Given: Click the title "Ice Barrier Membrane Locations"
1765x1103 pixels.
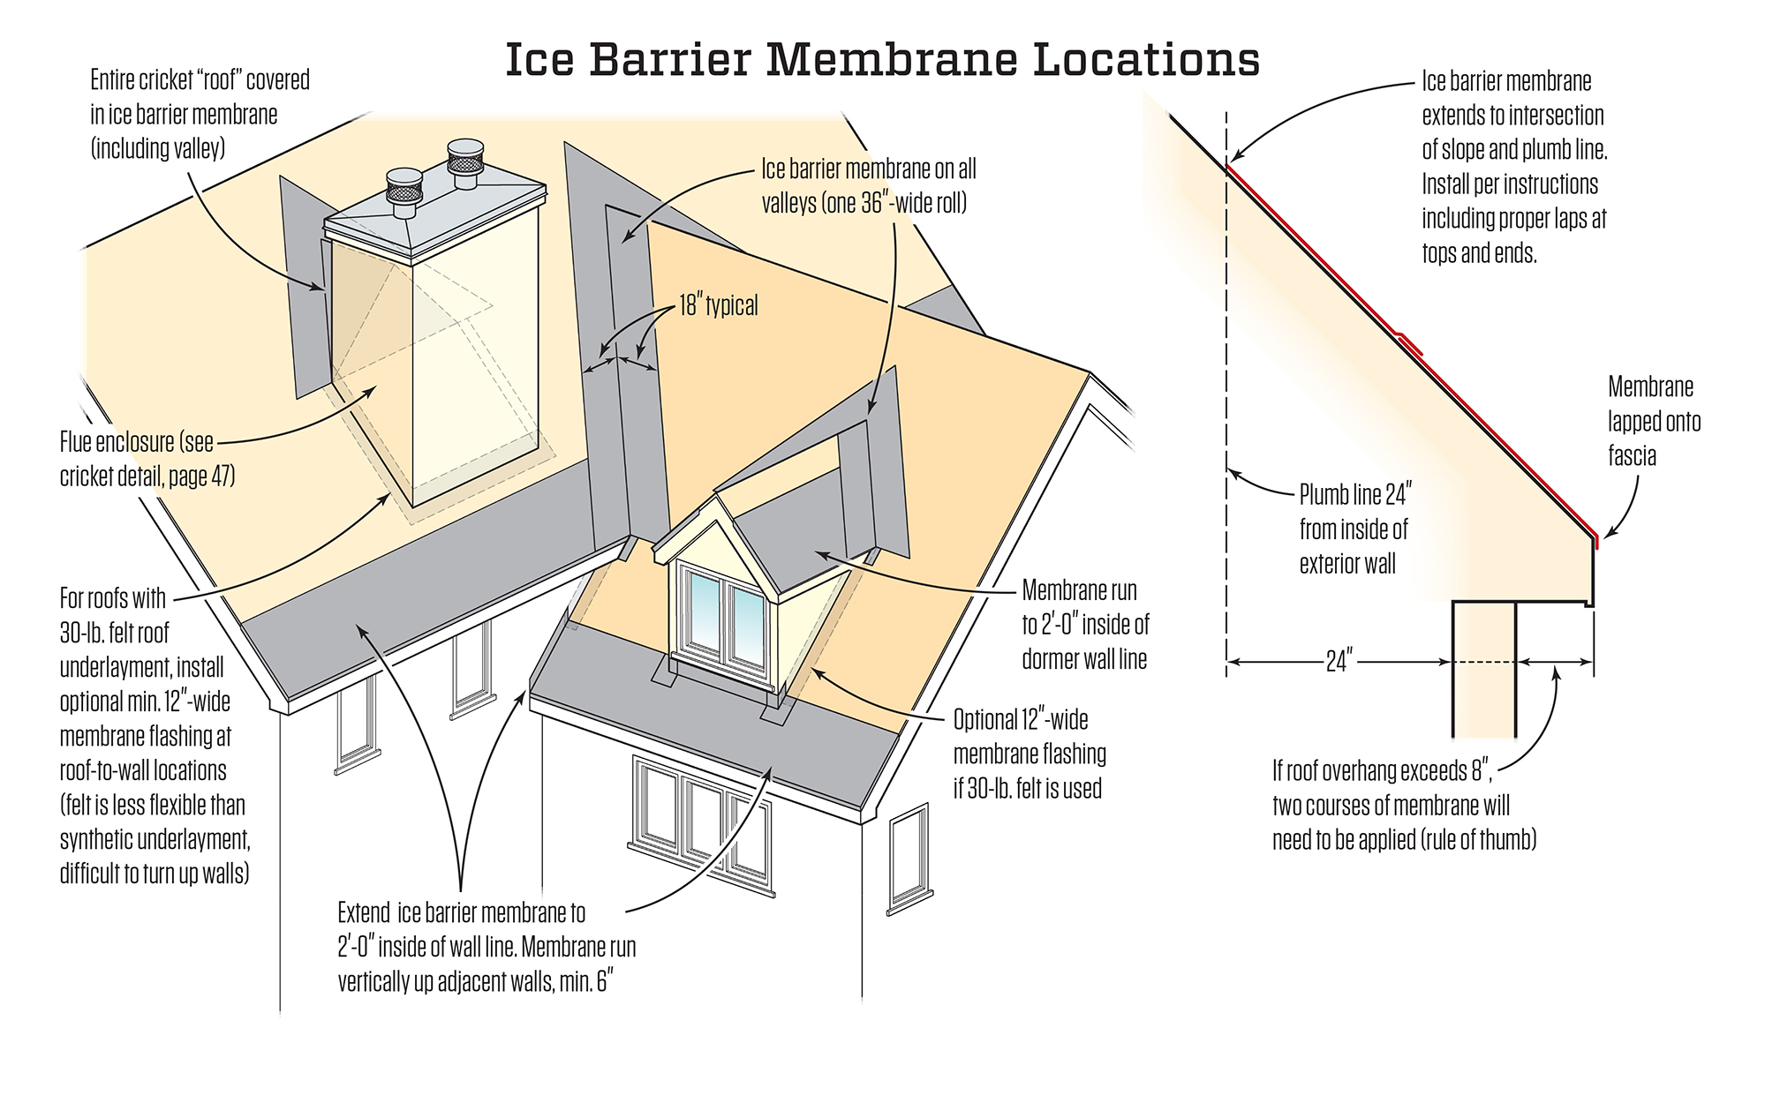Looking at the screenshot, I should (882, 60).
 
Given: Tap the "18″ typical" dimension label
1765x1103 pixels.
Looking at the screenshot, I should (718, 306).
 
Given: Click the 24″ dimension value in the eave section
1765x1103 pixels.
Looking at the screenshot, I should (1339, 661).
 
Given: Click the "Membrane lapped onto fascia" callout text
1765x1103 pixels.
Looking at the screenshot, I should (1653, 421).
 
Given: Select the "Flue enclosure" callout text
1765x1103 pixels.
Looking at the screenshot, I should (147, 459).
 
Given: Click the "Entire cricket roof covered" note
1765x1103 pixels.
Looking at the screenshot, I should (200, 115).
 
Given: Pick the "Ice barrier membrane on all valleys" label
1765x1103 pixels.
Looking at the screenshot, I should (868, 186).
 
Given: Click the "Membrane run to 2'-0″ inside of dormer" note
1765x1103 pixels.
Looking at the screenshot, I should (1085, 625).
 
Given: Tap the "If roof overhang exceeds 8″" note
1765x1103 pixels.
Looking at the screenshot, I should (1404, 805).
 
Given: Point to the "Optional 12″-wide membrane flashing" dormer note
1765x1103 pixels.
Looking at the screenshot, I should (1030, 754).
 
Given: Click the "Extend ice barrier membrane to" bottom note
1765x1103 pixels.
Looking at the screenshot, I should (487, 947).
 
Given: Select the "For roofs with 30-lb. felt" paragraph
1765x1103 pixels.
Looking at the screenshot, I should (154, 735).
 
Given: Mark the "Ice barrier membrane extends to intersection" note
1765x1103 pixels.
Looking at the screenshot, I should (1513, 167).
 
